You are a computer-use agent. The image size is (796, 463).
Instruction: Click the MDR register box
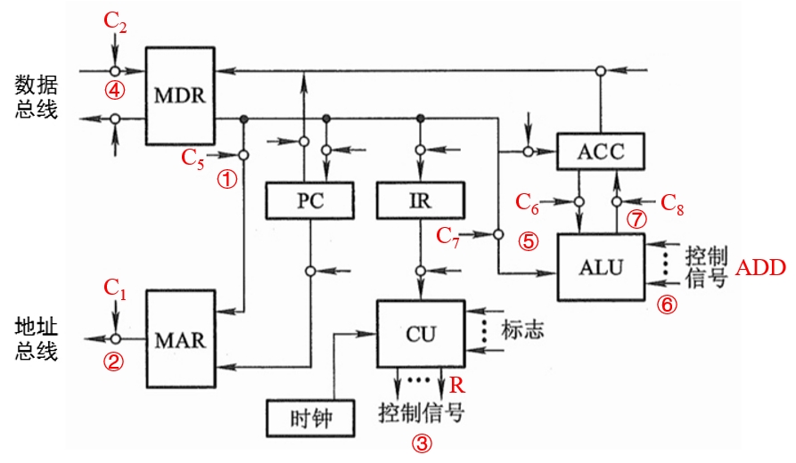(x=180, y=94)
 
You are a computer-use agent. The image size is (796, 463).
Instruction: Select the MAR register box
(x=180, y=339)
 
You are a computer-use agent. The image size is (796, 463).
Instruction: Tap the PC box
(x=309, y=200)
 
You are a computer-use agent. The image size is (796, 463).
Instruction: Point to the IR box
(x=420, y=200)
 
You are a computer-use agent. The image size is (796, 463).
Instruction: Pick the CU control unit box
(x=420, y=333)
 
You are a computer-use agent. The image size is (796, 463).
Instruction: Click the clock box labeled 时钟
(x=310, y=417)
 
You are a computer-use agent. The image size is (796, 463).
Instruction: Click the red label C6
(x=528, y=202)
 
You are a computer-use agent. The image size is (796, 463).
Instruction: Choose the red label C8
(x=673, y=202)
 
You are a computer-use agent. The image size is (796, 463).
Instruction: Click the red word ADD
(x=760, y=268)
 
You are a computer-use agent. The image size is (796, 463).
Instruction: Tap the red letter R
(x=457, y=385)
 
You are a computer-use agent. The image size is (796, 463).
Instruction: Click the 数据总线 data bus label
(x=37, y=97)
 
